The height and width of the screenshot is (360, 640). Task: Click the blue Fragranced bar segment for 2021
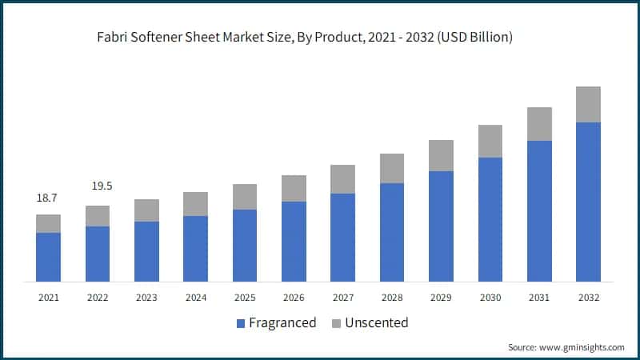48,257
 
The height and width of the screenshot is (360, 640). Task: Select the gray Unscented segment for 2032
588,104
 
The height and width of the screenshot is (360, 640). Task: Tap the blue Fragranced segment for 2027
342,237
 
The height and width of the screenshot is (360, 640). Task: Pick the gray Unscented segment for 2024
195,204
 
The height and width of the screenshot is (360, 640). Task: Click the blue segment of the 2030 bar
490,219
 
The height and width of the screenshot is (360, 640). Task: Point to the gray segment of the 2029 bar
441,155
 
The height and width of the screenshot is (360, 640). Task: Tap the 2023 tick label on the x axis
146,297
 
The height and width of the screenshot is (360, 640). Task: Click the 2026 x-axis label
294,297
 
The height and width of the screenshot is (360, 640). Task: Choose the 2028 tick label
392,297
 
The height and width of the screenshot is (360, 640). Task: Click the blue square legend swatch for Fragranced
241,323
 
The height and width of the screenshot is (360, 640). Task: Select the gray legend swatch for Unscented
336,323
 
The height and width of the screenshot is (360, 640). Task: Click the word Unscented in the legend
377,323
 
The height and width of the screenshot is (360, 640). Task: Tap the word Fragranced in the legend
283,323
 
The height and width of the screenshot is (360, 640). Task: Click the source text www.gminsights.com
583,347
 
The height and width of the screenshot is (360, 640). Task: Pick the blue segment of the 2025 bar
245,246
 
